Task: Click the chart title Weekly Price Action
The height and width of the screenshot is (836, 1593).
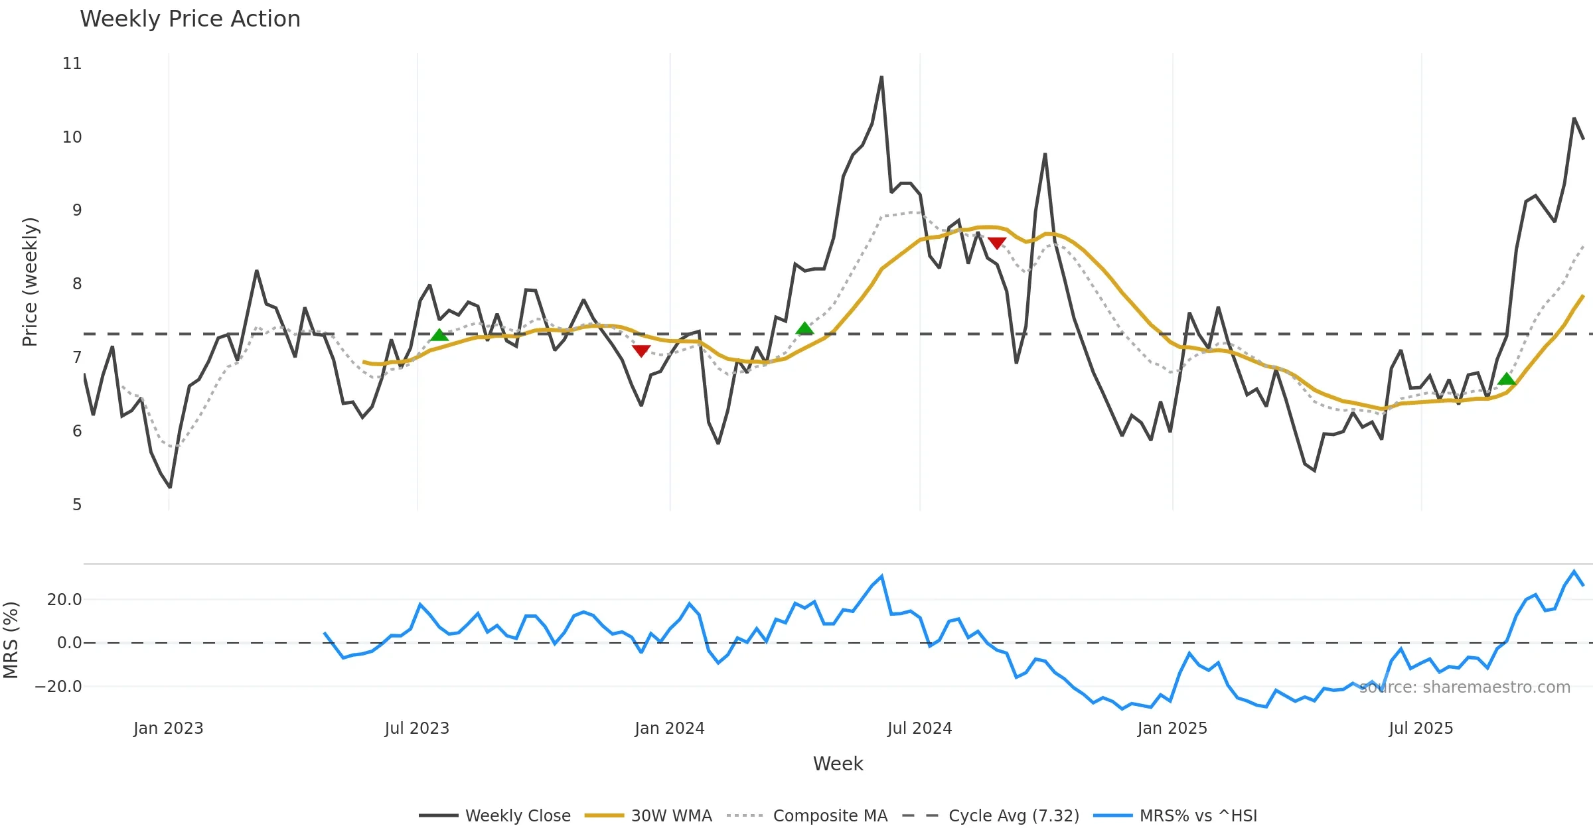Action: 190,19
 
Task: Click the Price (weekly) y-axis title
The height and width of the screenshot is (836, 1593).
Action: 30,282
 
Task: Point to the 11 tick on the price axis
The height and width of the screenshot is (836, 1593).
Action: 72,64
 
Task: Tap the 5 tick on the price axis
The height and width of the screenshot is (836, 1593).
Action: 77,505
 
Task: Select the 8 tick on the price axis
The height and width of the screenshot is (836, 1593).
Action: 77,284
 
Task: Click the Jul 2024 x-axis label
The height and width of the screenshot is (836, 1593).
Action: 919,729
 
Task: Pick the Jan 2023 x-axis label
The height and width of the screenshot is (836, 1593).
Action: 168,729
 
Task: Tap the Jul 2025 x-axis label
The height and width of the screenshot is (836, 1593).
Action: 1420,729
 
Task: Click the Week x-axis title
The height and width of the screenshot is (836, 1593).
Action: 838,764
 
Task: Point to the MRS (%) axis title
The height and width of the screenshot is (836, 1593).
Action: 11,640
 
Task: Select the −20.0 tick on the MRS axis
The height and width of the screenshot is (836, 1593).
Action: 58,687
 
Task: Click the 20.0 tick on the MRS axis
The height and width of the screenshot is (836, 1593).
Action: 64,600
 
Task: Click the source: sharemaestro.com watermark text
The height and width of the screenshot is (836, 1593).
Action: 1464,687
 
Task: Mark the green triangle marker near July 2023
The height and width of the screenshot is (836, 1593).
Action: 439,335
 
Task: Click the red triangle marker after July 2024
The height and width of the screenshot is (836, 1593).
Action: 996,243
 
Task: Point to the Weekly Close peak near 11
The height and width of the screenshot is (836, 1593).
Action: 881,77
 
